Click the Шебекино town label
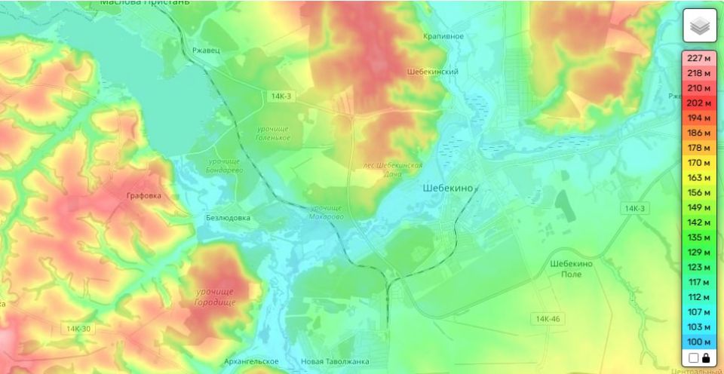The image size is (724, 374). point(449,189)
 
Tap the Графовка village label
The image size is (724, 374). point(143,196)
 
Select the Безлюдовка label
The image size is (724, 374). point(228,218)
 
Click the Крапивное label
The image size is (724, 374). point(443,36)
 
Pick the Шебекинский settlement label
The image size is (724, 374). point(433,72)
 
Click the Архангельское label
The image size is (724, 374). point(253,362)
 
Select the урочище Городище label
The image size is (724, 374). point(216,296)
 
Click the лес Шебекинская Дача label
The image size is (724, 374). point(392,169)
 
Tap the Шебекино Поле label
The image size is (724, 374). point(571,268)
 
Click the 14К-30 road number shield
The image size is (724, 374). point(78,329)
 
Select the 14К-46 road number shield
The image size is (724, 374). point(548,319)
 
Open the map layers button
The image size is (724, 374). point(699,26)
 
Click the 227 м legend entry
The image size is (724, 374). point(699,58)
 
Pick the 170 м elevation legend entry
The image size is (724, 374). point(699,162)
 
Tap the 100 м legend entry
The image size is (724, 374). point(699,342)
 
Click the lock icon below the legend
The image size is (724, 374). point(706,358)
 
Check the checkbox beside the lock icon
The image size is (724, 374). point(693,358)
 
